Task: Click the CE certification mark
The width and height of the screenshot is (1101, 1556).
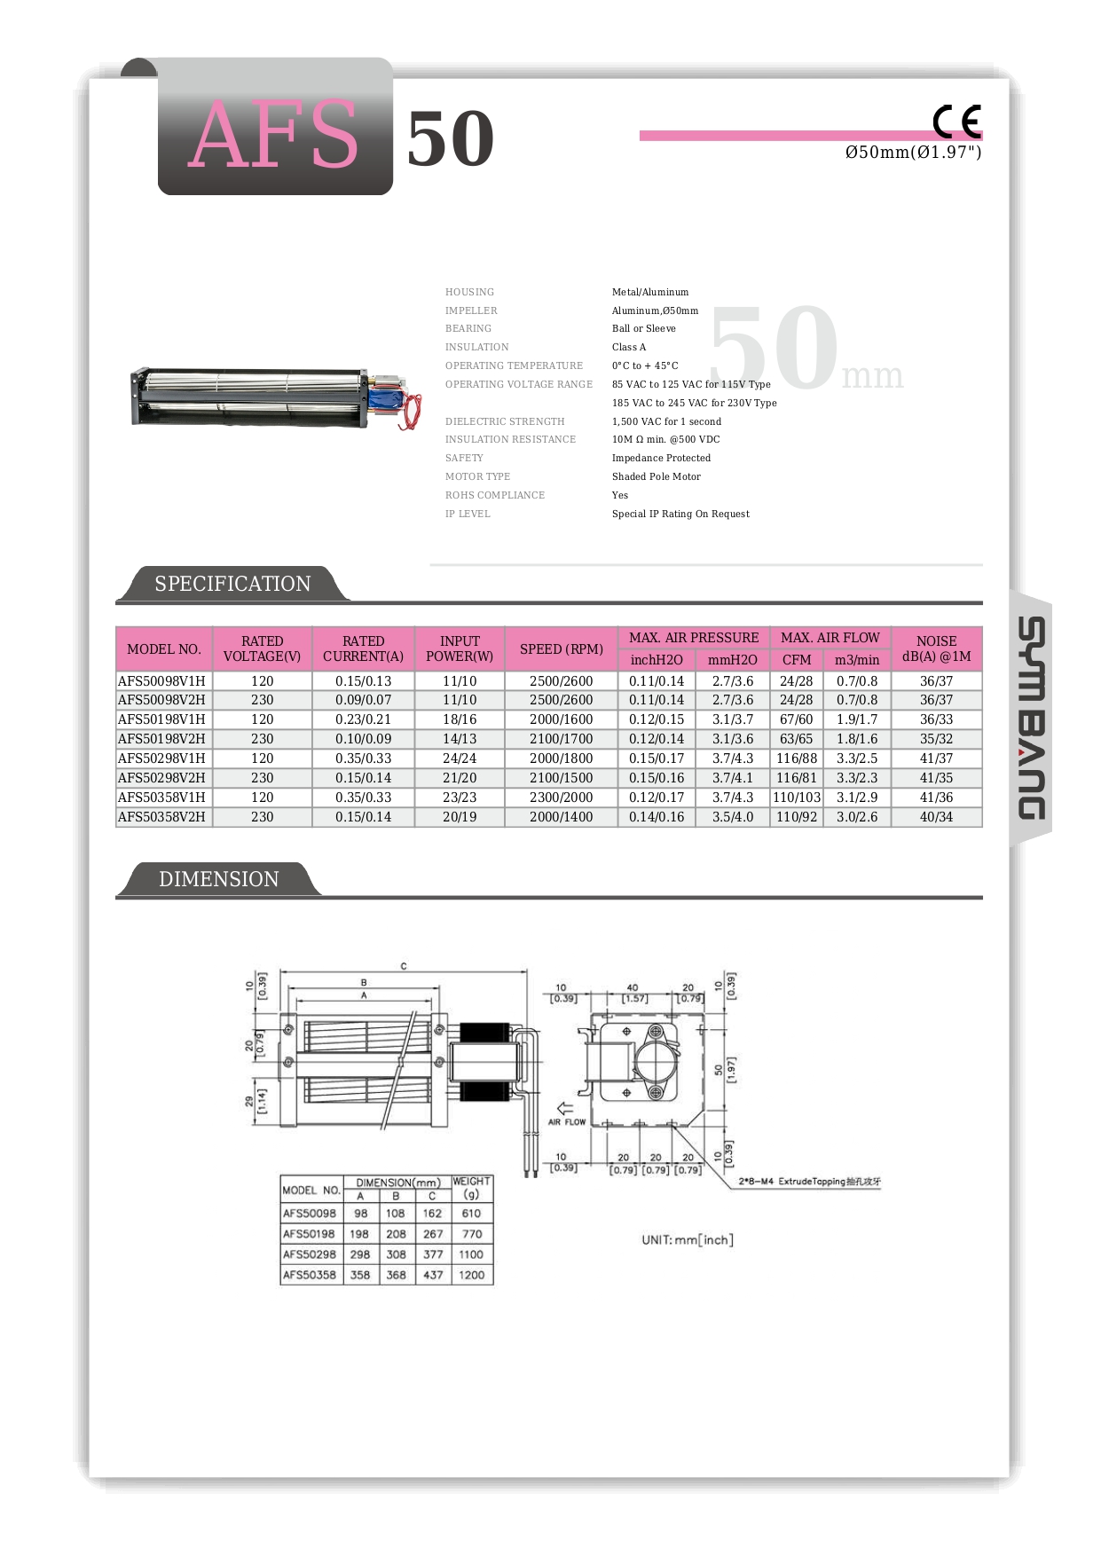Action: tap(956, 122)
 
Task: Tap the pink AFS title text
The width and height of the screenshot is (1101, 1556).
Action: tap(273, 135)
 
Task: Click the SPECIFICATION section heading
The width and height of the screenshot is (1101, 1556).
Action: tap(232, 584)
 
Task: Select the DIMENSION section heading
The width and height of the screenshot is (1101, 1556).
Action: tap(218, 879)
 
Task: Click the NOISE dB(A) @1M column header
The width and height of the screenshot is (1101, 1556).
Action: tap(936, 648)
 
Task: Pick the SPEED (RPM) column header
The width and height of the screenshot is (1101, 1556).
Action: tap(561, 648)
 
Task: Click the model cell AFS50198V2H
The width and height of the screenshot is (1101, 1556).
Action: tap(162, 739)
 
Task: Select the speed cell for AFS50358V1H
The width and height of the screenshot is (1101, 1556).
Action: tap(561, 798)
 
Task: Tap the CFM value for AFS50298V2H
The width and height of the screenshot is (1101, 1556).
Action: tap(796, 778)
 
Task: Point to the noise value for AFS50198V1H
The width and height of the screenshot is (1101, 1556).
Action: tap(936, 719)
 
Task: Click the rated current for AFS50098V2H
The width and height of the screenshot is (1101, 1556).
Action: tap(363, 700)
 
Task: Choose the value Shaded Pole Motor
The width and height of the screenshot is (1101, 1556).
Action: tap(656, 476)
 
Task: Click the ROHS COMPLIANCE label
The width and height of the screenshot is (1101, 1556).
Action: tap(495, 495)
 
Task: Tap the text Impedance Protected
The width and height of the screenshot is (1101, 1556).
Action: tap(661, 458)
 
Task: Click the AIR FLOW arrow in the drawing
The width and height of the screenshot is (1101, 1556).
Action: tap(565, 1109)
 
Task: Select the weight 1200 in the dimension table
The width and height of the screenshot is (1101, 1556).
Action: tap(471, 1275)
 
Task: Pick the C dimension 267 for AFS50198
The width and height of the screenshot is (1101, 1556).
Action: tap(433, 1234)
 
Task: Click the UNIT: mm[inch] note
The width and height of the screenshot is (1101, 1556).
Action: tap(688, 1239)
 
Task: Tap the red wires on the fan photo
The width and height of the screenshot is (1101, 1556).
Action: tap(410, 415)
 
